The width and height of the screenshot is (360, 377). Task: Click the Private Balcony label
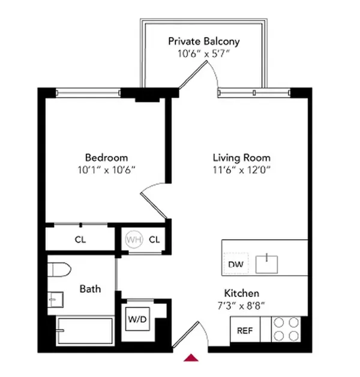[203, 41]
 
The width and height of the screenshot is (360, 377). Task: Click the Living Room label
[241, 158]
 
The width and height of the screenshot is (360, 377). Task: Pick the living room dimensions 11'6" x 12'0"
[241, 170]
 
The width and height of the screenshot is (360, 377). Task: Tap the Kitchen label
[241, 294]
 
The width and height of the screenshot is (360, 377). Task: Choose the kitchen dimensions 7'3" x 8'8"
[241, 306]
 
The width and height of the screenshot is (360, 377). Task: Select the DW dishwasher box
[234, 264]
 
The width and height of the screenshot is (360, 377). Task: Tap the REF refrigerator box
[245, 330]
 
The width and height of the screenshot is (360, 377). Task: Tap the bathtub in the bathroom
[85, 330]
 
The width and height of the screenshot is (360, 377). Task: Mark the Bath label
[90, 289]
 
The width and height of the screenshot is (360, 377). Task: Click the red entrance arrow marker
[191, 358]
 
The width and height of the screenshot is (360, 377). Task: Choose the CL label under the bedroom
[80, 240]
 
